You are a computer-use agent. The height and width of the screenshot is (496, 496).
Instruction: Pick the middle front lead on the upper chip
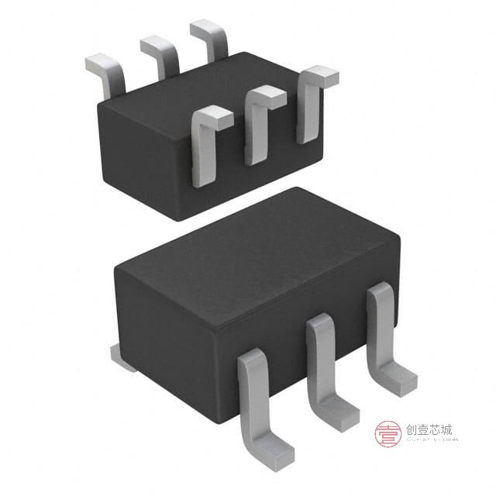tap(259, 124)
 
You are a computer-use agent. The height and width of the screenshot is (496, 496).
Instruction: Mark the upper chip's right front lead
tap(311, 105)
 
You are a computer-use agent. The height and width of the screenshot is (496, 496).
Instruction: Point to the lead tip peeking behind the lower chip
tap(122, 356)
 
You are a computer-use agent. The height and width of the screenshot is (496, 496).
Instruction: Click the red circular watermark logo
tap(387, 434)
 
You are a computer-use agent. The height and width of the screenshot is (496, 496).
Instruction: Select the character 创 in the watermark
tap(410, 429)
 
